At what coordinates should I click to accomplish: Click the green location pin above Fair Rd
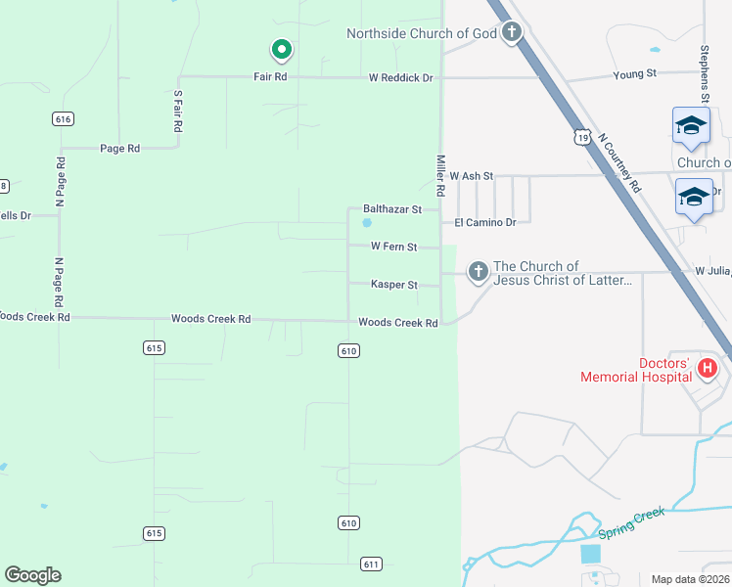(281, 49)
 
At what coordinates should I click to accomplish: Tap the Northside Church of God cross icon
(511, 33)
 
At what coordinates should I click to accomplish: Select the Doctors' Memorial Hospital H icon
(708, 370)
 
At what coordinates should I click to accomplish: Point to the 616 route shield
(64, 118)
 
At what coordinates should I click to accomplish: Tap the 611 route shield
(371, 564)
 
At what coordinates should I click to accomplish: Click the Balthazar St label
(391, 208)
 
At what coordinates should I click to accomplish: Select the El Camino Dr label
(483, 223)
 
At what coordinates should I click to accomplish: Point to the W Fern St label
(393, 247)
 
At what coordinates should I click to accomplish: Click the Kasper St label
(394, 285)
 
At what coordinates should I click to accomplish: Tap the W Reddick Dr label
(400, 77)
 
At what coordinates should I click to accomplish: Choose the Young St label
(634, 74)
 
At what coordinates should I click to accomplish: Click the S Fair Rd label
(178, 112)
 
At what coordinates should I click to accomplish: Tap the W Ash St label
(472, 176)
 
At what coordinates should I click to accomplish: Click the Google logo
(32, 575)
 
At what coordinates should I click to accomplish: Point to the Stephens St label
(704, 73)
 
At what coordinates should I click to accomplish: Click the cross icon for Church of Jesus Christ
(478, 271)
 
